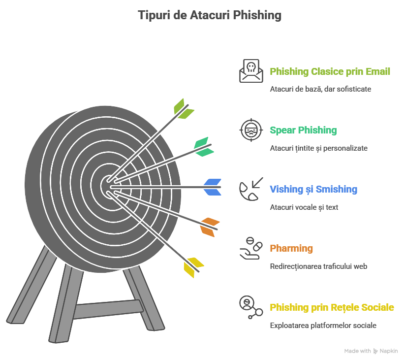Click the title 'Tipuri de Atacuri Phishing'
pos(210,15)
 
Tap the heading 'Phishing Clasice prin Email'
pos(330,71)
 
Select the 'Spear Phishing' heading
pos(303,130)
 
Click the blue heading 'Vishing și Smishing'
pos(313,190)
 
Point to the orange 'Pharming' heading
pos(291,248)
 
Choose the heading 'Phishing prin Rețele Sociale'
pos(332,307)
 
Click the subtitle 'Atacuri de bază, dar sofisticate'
pos(320,89)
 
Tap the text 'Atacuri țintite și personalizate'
pos(319,148)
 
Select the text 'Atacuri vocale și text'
pos(304,207)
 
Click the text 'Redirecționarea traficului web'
pos(318,266)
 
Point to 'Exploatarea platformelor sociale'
pos(323,326)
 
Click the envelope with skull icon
pos(251,71)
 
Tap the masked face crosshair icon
pos(251,130)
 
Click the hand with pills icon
pos(251,248)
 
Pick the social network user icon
pos(251,307)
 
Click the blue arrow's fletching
pos(213,187)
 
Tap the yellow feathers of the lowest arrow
pos(194,267)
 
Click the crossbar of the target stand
pos(108,309)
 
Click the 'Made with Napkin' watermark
pos(371,351)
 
